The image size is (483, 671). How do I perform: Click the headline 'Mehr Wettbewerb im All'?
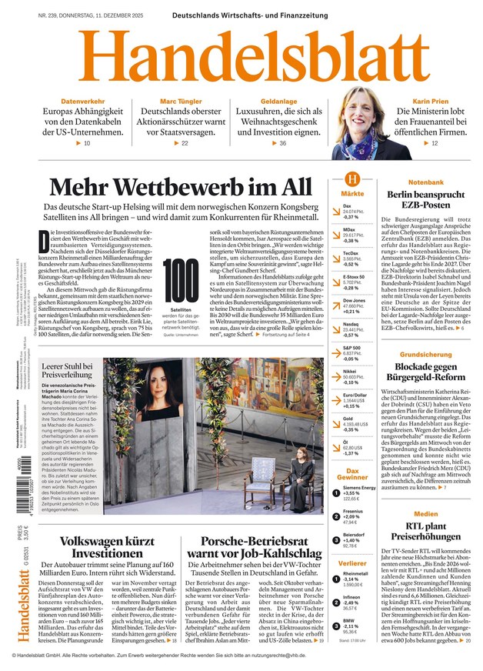182,188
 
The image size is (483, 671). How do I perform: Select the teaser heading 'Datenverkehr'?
82,102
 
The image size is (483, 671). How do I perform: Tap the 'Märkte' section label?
352,194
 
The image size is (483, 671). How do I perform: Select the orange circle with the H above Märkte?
352,179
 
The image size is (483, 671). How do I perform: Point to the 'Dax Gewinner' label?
352,473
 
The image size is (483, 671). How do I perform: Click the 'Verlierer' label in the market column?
352,564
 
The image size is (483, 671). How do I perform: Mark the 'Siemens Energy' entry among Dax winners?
358,488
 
